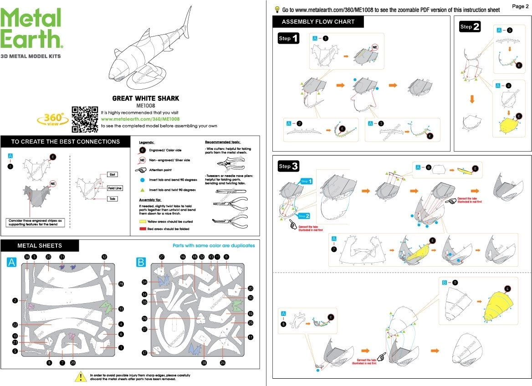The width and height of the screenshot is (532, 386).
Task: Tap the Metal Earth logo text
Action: coord(31,28)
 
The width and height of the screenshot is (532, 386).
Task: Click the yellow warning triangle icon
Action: coord(81,376)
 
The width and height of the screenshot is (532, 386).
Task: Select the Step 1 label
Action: coord(289,38)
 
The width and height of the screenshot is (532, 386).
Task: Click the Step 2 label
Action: coord(470,26)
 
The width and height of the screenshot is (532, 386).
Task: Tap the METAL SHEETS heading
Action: coord(40,246)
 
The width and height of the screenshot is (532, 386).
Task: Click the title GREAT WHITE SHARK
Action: coord(146,98)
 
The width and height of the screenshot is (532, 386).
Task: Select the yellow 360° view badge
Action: coord(53,119)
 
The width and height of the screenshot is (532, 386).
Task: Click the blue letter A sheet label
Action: coord(11,262)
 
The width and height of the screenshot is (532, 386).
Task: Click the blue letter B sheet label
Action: coord(141,262)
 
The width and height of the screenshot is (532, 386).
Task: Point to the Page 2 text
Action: coord(520,6)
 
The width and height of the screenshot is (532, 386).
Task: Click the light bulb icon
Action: coord(276,10)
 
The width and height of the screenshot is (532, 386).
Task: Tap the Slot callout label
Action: coord(113,174)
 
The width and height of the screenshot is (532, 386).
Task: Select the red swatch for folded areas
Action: coord(142,229)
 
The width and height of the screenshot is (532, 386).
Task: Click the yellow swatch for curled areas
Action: coord(142,221)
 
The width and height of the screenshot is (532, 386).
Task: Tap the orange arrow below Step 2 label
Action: coord(472,99)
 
